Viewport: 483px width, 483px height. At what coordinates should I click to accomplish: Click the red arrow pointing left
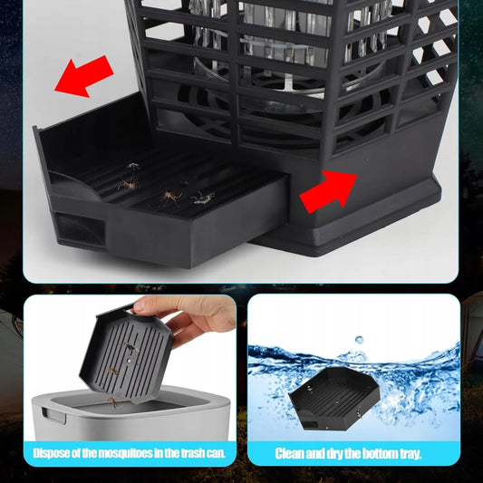tap(83, 77)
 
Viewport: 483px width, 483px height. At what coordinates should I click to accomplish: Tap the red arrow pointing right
tap(329, 191)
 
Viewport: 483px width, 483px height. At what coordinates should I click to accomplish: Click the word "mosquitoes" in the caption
tap(127, 453)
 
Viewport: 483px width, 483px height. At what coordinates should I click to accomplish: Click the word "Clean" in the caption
tap(290, 454)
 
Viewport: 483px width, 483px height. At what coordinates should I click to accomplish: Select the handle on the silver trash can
tap(54, 414)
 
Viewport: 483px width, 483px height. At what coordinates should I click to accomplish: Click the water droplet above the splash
tap(359, 340)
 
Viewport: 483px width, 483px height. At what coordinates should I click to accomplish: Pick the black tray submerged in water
tap(333, 398)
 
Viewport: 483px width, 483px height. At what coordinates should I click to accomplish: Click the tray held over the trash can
tap(126, 354)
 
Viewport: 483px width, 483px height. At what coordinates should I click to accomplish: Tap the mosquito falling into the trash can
tap(113, 401)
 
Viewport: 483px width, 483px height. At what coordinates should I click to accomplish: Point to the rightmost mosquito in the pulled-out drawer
tap(203, 198)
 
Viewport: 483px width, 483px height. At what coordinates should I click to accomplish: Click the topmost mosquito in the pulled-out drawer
tap(133, 166)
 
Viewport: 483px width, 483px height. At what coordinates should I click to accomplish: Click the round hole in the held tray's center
tap(129, 360)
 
